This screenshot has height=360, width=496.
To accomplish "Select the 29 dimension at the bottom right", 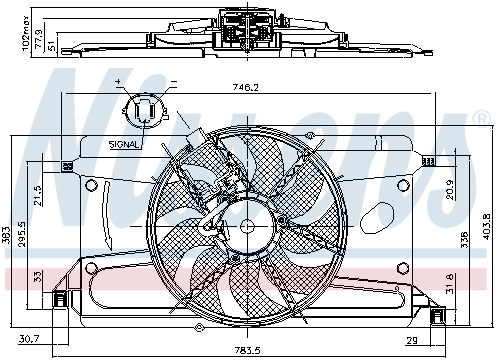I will tap(437, 342).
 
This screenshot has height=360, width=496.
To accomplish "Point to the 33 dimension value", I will tap(37, 276).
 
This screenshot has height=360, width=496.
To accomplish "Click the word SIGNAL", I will tap(125, 144).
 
